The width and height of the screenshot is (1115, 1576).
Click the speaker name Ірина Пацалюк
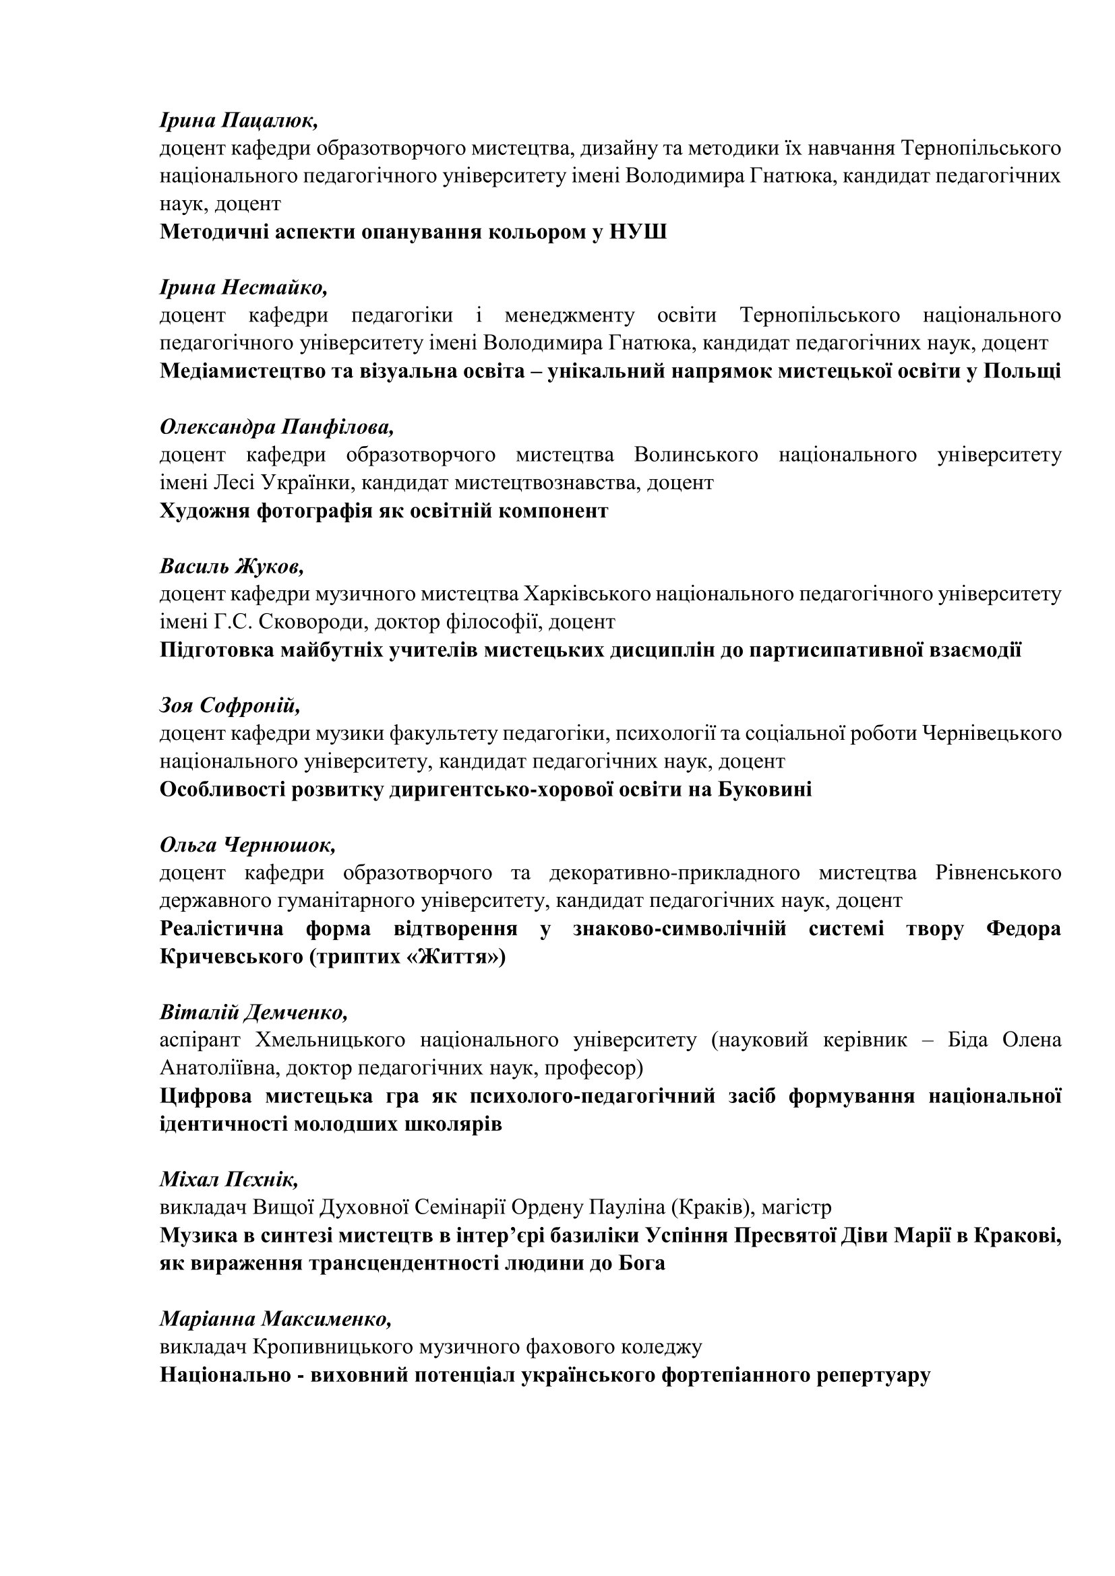[x=238, y=121]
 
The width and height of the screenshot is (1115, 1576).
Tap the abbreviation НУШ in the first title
[x=638, y=232]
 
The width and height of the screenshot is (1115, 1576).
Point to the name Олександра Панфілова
[x=276, y=427]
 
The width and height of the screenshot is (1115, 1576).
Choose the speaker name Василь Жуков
[x=231, y=566]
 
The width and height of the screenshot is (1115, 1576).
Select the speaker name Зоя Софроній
[x=230, y=705]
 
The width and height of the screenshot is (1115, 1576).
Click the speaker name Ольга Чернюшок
[x=247, y=845]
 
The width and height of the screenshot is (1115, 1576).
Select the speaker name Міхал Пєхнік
[x=229, y=1179]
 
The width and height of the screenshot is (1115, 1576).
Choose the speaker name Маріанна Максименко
[x=275, y=1319]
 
